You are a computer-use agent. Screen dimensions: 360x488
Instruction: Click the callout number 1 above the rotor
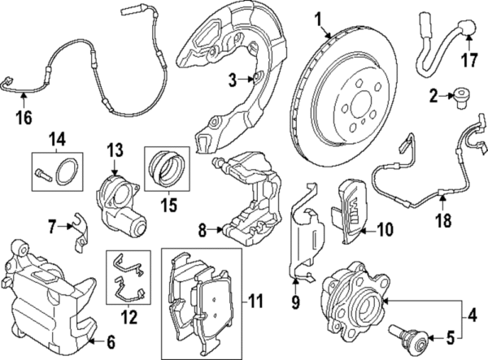coord(319,17)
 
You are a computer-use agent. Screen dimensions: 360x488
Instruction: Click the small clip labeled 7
coord(79,228)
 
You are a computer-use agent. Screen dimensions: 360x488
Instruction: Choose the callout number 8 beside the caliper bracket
coord(204,230)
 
